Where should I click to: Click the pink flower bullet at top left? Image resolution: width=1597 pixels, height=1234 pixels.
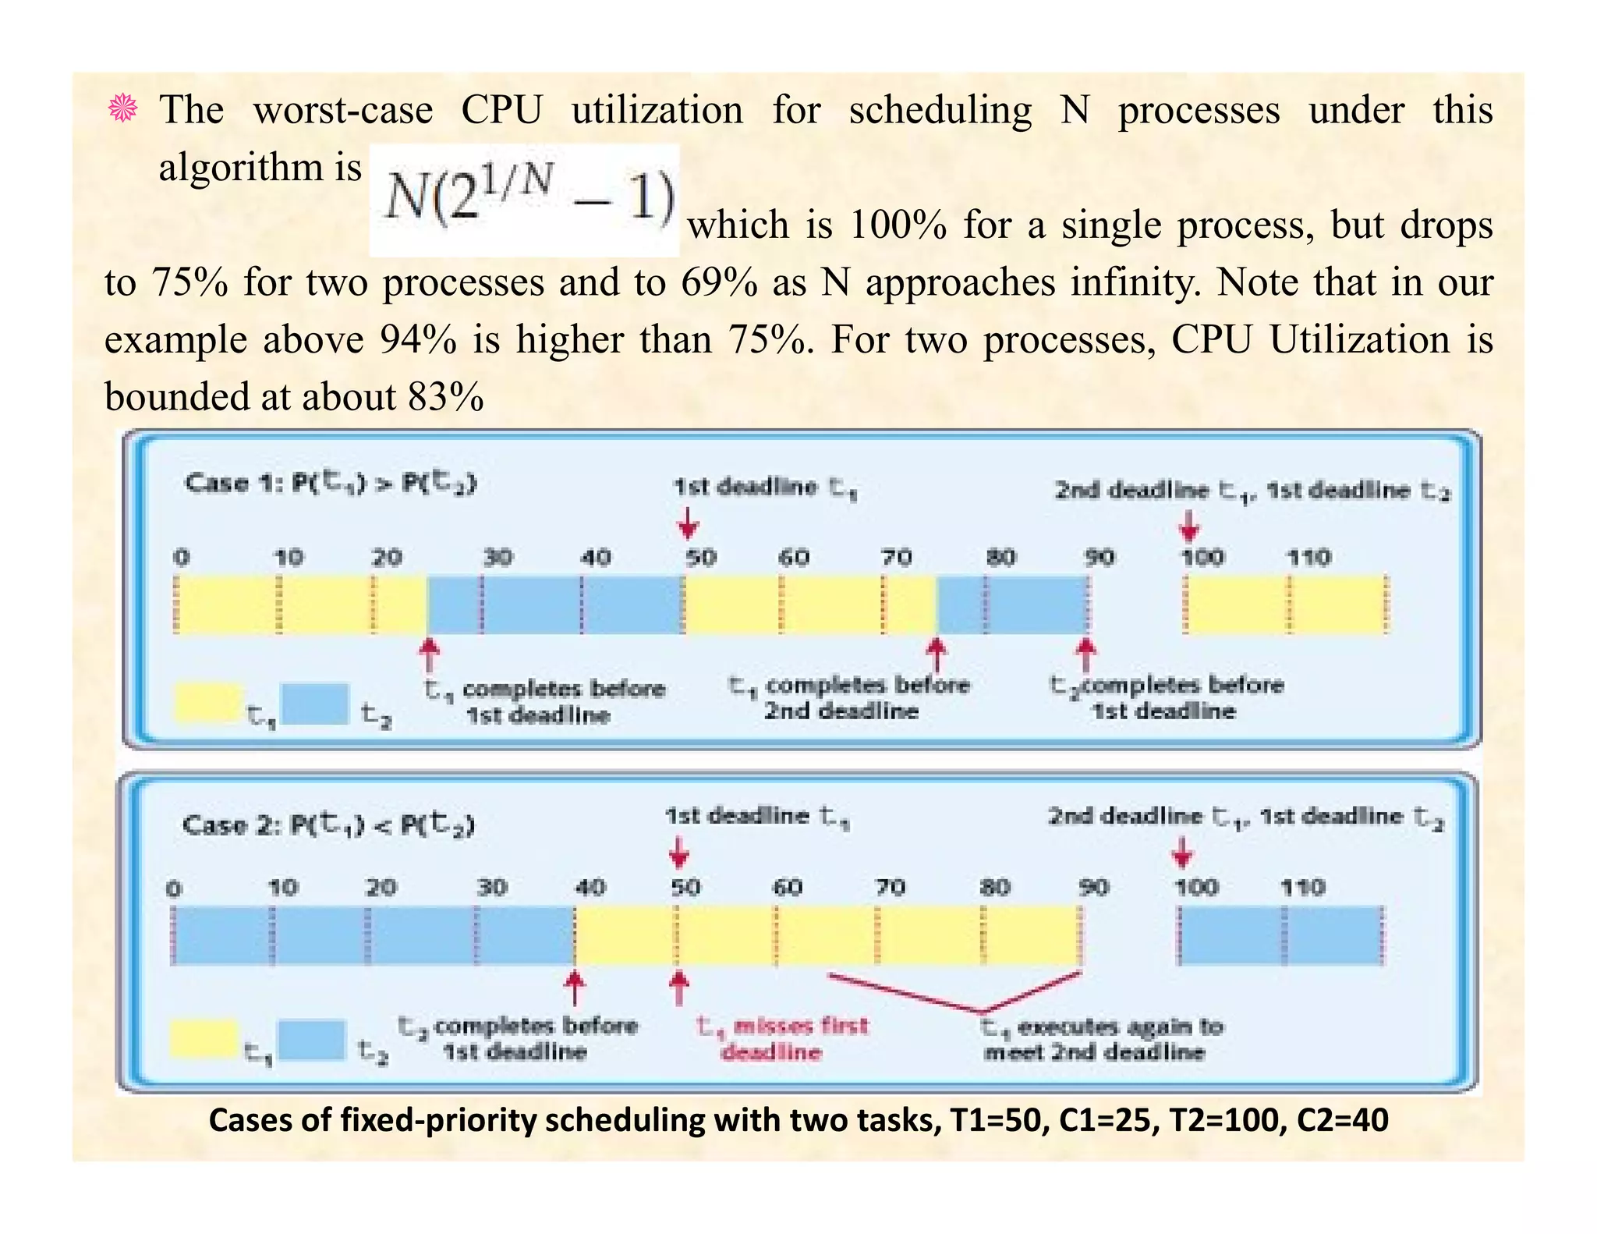pyautogui.click(x=123, y=108)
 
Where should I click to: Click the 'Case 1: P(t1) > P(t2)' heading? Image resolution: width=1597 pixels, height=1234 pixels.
pyautogui.click(x=330, y=484)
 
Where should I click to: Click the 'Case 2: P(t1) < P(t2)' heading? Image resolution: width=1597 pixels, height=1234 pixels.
pyautogui.click(x=328, y=824)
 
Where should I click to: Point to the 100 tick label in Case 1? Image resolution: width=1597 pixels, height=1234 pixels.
pyautogui.click(x=1202, y=558)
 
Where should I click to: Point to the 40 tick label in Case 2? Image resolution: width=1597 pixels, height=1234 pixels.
pyautogui.click(x=590, y=888)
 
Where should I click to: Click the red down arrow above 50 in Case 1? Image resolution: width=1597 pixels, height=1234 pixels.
pyautogui.click(x=687, y=523)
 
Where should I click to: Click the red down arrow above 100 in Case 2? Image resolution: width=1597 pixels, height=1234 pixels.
pyautogui.click(x=1182, y=852)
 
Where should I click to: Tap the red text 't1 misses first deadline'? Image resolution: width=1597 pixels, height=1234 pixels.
pyautogui.click(x=781, y=1038)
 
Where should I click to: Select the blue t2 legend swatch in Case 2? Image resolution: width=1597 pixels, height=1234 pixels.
pyautogui.click(x=312, y=1041)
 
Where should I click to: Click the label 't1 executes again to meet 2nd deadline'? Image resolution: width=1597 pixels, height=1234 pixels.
pyautogui.click(x=1102, y=1039)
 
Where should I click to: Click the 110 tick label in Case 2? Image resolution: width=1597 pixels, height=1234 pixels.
pyautogui.click(x=1302, y=888)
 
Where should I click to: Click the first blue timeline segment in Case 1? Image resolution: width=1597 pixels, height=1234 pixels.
pyautogui.click(x=554, y=605)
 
